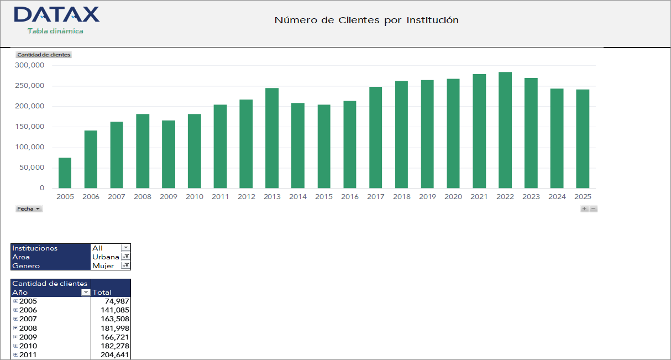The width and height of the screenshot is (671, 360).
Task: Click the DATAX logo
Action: [56, 15]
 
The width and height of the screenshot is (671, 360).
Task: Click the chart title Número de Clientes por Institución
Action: [366, 20]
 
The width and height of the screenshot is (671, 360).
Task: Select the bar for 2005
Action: [65, 173]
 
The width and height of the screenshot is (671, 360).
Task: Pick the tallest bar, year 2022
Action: [505, 131]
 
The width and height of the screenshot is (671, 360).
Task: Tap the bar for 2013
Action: [271, 138]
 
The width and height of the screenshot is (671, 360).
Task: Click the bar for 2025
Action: [583, 139]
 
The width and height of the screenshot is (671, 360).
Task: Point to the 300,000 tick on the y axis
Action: [30, 65]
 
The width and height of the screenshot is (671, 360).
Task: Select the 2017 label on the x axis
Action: [375, 197]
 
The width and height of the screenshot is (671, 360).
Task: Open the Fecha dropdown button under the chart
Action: [29, 209]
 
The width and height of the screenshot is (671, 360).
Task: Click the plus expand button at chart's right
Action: [584, 209]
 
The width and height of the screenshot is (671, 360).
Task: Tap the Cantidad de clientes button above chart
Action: [44, 55]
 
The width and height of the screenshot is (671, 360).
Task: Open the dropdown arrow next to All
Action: [125, 248]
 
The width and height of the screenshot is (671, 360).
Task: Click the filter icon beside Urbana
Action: [125, 257]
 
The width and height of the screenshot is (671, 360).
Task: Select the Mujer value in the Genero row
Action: [103, 266]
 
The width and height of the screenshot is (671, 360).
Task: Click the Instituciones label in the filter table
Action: [35, 248]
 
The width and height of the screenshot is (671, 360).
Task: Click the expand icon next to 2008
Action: [15, 328]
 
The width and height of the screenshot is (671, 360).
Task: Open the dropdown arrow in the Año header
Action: [85, 293]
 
